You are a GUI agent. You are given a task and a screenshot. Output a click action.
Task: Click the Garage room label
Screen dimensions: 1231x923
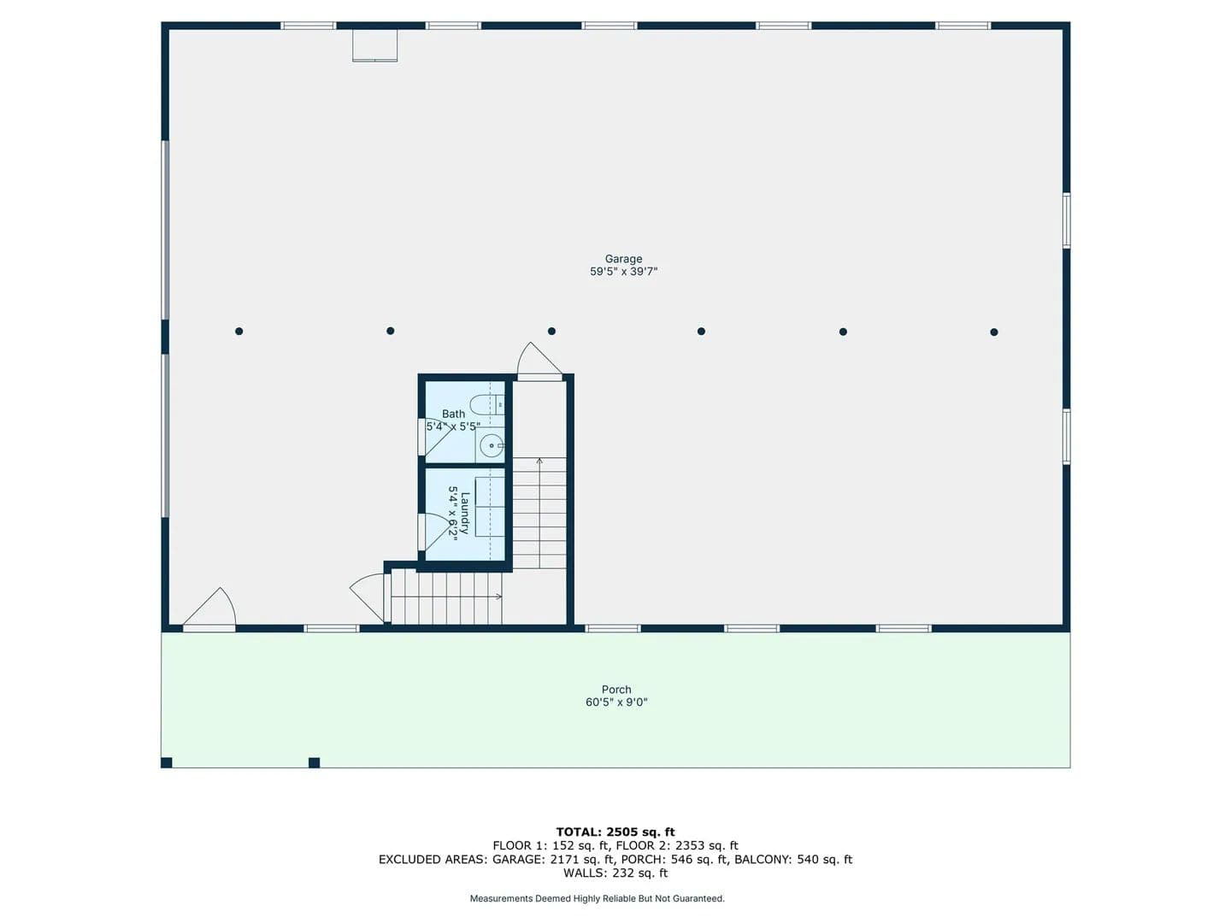pos(623,259)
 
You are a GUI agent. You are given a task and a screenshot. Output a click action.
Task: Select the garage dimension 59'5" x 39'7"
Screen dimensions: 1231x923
pos(623,272)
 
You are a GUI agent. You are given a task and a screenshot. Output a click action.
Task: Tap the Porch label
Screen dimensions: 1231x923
pos(616,690)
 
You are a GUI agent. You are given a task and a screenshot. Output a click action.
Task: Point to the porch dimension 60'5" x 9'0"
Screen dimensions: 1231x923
pos(616,703)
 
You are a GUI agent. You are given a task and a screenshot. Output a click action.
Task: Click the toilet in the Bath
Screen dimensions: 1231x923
pos(486,404)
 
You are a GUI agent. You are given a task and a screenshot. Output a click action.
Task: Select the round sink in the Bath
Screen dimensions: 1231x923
pos(492,446)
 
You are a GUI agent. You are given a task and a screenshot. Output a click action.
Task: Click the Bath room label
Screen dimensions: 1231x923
pos(453,414)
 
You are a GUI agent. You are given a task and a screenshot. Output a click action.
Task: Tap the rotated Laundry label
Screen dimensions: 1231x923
pos(465,513)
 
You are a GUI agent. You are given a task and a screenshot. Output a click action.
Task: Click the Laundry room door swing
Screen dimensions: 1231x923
pos(437,532)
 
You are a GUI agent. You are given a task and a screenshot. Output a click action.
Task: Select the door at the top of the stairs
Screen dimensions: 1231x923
pos(539,361)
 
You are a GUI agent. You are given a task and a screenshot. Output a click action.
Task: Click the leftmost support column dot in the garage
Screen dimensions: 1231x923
pos(239,332)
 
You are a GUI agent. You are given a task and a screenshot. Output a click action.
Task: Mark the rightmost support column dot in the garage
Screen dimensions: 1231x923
pos(993,332)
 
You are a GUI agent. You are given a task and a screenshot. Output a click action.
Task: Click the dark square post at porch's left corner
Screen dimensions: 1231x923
pos(167,762)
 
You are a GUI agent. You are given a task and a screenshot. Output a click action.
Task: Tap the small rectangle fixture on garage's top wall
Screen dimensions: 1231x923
pos(374,45)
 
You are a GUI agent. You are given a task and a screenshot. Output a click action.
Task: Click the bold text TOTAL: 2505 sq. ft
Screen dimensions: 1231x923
pos(615,832)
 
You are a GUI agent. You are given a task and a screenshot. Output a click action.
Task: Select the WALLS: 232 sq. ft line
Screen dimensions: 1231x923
pos(615,873)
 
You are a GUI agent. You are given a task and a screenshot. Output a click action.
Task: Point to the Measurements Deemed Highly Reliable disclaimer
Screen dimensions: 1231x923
pos(598,898)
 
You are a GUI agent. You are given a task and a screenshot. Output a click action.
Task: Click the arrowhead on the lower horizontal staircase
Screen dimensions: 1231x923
pos(499,597)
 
